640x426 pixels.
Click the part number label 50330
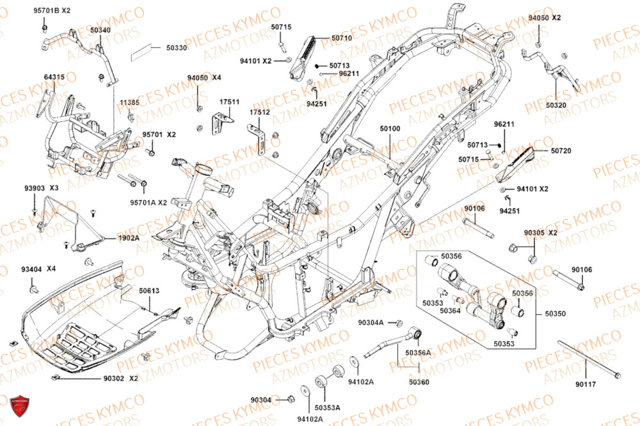coord(177,48)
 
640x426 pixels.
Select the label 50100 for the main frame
coord(390,129)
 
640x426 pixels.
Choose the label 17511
coord(229,102)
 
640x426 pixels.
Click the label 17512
coord(259,112)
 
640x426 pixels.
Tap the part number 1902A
coord(128,237)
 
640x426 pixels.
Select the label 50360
coord(420,382)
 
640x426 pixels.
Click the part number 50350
coord(556,314)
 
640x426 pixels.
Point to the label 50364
coord(450,311)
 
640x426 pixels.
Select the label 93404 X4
coord(38,269)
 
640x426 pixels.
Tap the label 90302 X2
coord(121,379)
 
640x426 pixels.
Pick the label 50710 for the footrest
coord(341,38)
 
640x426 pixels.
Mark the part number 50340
coord(100,30)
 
